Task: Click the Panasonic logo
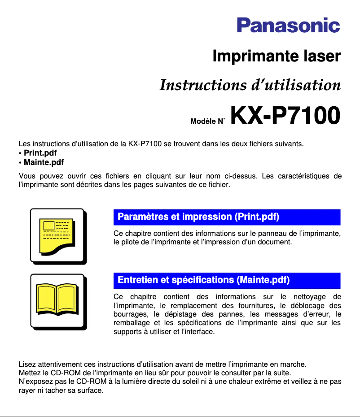(x=288, y=25)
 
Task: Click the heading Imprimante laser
(x=276, y=57)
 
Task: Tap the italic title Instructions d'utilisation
(x=250, y=85)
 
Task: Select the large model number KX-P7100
(x=285, y=116)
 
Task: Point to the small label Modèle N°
(x=207, y=121)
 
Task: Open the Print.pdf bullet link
(x=40, y=153)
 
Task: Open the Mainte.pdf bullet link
(x=44, y=162)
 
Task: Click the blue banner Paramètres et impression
(x=227, y=217)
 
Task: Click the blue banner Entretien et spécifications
(x=227, y=280)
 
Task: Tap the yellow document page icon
(x=57, y=235)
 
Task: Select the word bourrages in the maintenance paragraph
(x=129, y=314)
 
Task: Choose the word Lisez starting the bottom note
(x=27, y=364)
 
